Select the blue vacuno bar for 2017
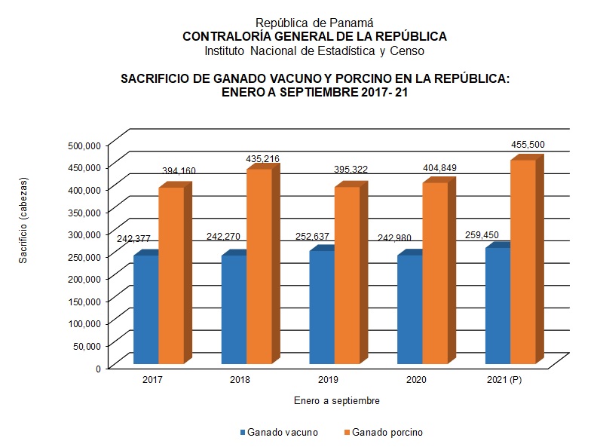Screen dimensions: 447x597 point(145,310)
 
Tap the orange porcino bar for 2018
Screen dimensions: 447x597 point(259,267)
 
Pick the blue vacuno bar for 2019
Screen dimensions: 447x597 point(322,308)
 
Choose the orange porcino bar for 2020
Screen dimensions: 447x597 point(435,274)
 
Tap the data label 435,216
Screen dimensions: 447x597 point(263,159)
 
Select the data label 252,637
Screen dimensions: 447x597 point(311,237)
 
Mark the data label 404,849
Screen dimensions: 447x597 point(439,168)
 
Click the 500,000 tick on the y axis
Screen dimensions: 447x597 point(84,145)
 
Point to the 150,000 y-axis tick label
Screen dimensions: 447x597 point(84,301)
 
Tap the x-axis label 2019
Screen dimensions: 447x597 point(328,379)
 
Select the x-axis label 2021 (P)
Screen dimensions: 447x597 point(504,379)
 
